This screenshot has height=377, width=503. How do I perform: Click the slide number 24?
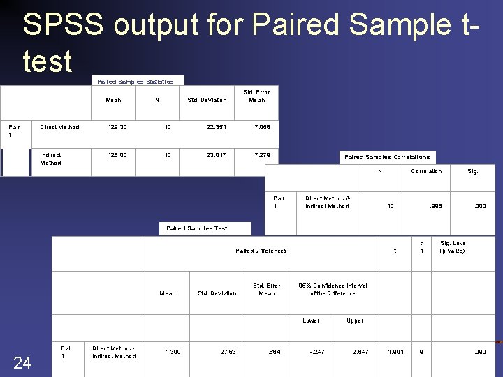(22, 362)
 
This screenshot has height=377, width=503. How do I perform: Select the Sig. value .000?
(480, 206)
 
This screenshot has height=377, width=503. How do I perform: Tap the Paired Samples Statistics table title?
(136, 82)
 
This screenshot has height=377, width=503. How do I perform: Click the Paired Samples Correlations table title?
(387, 158)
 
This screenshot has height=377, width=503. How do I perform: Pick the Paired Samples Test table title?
(197, 228)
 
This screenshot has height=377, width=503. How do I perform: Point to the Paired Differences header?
(261, 251)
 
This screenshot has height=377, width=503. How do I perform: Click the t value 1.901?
(395, 352)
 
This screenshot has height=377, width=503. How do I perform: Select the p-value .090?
(479, 352)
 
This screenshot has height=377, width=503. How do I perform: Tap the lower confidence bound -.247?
(317, 352)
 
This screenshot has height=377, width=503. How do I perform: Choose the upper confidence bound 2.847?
(360, 352)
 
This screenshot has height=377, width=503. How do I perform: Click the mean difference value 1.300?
(173, 352)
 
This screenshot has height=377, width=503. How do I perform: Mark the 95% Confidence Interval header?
(333, 290)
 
